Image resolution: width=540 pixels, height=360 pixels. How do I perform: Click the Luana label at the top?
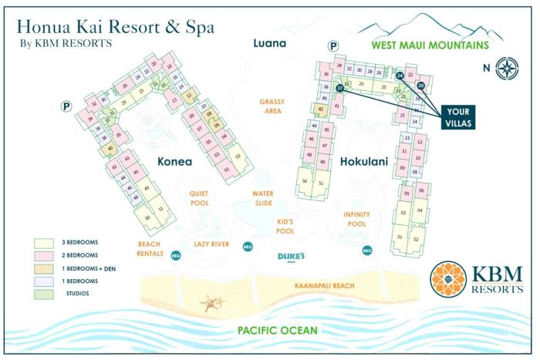coord(270,43)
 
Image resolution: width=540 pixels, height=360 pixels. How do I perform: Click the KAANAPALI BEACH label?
coord(324,286)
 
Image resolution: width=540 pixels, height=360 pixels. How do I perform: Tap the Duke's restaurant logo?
coord(292,257)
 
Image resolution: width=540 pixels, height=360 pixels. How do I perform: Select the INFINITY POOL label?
coord(356,219)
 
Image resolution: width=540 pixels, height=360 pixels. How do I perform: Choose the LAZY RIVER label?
coord(212,243)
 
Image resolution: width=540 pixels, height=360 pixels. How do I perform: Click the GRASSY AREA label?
coord(272,106)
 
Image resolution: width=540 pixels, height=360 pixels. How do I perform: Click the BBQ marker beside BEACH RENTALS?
coord(175,255)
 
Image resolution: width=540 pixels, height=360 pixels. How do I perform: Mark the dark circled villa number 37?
coord(339,89)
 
